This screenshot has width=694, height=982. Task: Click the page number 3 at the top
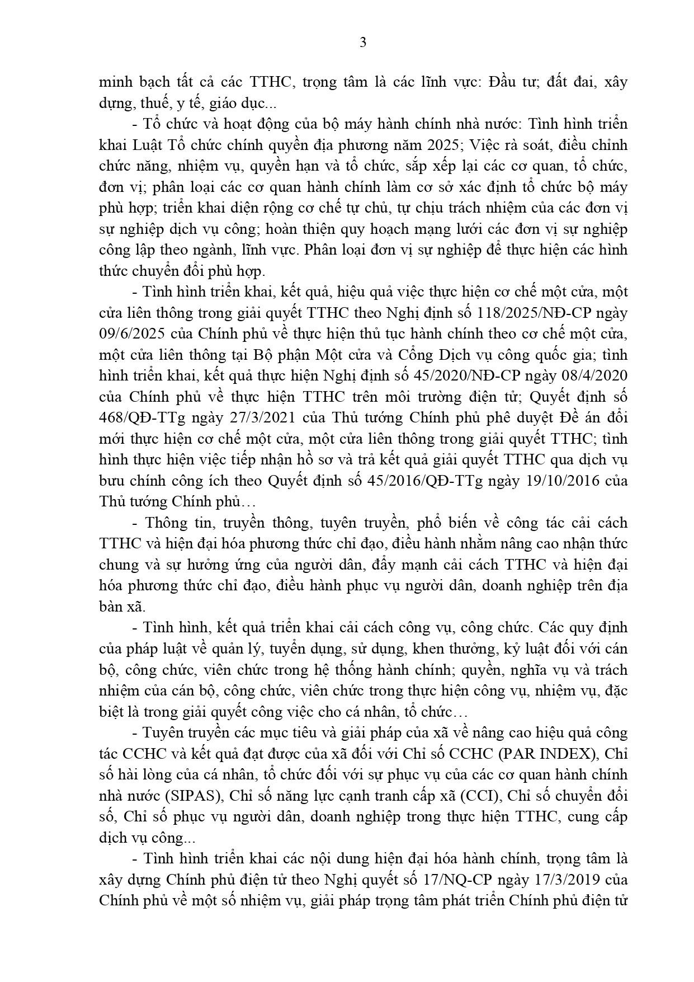point(363,43)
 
